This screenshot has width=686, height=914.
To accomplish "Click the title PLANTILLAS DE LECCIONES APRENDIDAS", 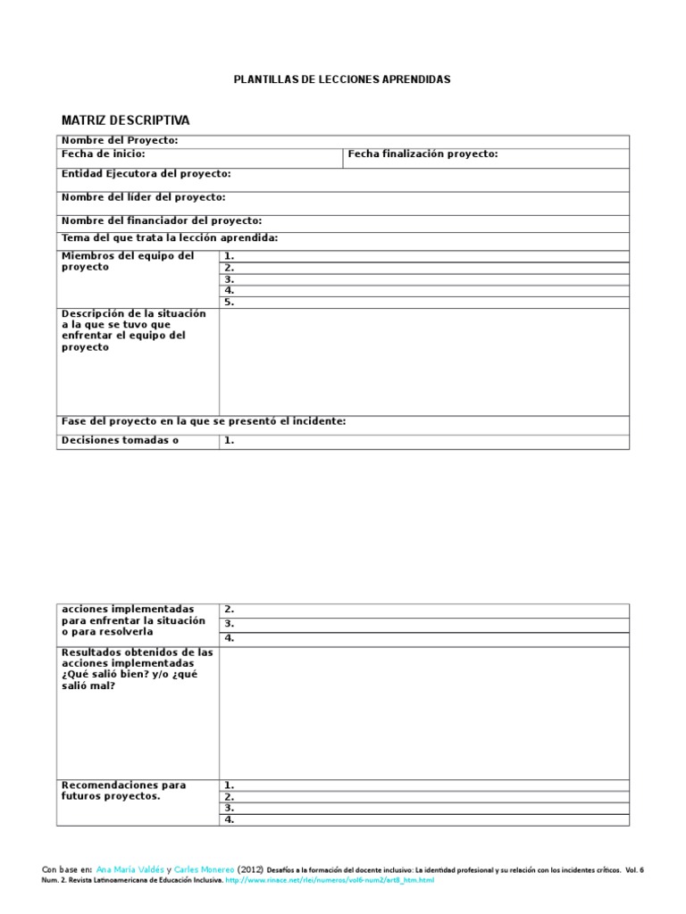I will point(342,79).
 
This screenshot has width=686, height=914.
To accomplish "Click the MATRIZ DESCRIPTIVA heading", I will point(125,120).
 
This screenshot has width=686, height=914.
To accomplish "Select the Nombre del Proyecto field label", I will point(120,141).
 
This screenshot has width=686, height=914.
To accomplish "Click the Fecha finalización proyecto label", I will point(422,154).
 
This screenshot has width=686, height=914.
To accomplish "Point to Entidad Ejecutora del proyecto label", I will point(146,174).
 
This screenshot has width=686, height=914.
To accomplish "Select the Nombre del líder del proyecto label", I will point(143,197).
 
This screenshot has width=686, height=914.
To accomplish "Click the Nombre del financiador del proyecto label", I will point(162,220).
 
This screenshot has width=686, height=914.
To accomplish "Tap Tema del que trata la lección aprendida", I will point(170,238).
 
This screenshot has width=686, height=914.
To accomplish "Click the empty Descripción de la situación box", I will point(423,361).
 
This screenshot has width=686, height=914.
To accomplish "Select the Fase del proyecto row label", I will point(204,421).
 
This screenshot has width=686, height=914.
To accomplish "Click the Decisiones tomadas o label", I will point(115,440).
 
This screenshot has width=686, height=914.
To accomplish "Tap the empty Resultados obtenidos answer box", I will point(423,712).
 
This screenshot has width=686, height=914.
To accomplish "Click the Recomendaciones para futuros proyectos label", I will point(123,791).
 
